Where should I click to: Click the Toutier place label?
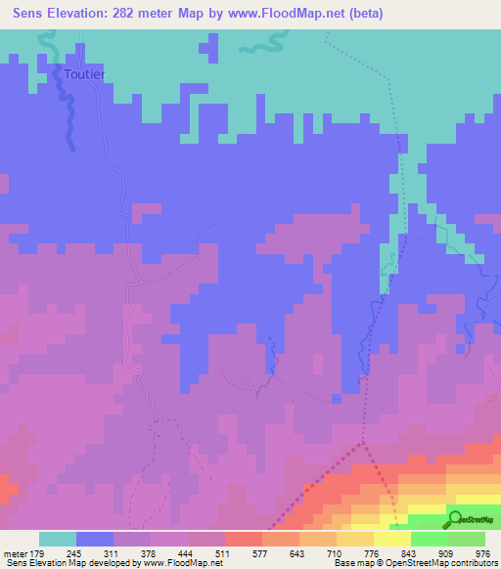pyautogui.click(x=83, y=74)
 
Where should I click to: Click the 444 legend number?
pyautogui.click(x=187, y=552)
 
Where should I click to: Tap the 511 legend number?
pyautogui.click(x=224, y=552)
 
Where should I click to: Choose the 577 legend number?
pyautogui.click(x=261, y=552)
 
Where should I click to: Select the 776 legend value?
pyautogui.click(x=373, y=552)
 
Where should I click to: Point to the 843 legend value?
pyautogui.click(x=410, y=552)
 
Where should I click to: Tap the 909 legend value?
pyautogui.click(x=447, y=552)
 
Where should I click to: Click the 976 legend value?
pyautogui.click(x=483, y=552)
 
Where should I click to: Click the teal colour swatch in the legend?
pyautogui.click(x=58, y=539)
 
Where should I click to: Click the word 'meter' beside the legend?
pyautogui.click(x=14, y=552)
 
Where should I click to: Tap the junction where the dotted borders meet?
pyautogui.click(x=363, y=442)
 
